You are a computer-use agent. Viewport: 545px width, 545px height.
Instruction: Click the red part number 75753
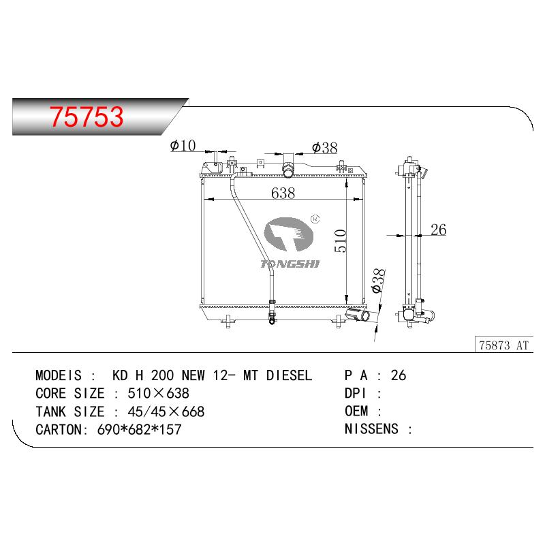point(87,116)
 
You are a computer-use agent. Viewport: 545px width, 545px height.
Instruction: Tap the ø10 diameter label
point(183,145)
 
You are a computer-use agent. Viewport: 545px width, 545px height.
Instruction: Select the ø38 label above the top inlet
point(325,148)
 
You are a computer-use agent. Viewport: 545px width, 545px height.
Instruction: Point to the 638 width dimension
point(283,193)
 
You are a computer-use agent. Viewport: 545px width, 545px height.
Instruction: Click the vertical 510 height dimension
point(341,240)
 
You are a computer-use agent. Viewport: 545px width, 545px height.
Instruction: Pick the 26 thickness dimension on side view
point(438,230)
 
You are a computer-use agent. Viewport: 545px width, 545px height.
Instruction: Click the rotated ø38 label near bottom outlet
point(378,281)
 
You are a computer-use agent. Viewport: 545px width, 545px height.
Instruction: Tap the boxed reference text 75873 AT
point(503,345)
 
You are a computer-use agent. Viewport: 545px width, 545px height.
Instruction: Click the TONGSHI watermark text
point(290,264)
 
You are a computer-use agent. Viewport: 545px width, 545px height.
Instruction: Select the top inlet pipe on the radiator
point(287,169)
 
